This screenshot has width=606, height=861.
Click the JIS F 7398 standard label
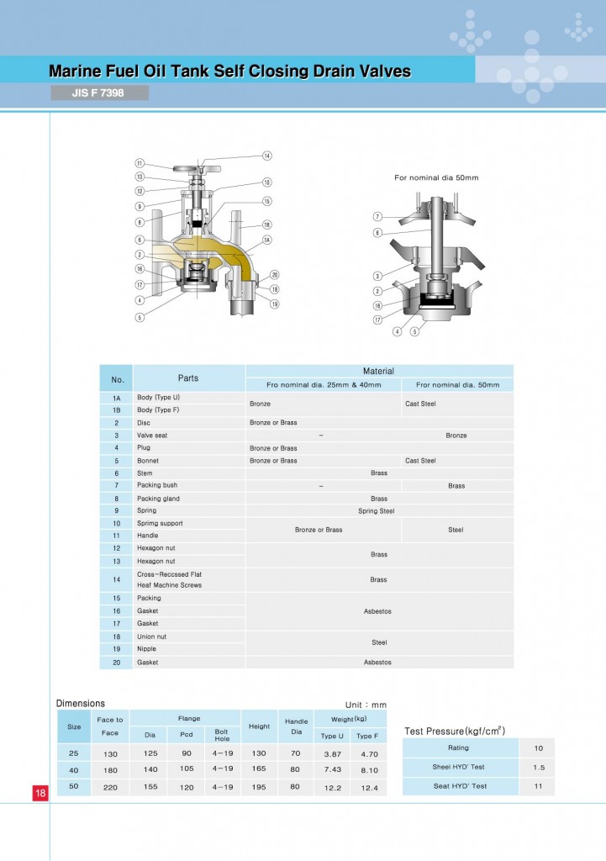pos(99,92)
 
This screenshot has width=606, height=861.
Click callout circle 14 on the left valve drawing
pos(267,156)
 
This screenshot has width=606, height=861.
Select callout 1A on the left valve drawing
pos(267,240)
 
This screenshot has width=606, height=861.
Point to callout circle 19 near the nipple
pos(275,304)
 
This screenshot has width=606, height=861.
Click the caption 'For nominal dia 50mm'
pos(436,177)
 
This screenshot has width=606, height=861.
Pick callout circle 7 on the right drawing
pos(378,217)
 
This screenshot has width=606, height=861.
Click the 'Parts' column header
pos(188,378)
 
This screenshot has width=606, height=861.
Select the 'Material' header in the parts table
pos(378,371)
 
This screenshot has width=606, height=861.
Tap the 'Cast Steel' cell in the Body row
pos(420,404)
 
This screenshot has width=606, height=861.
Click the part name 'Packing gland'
pos(158,499)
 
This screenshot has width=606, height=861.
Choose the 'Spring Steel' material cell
pos(376,511)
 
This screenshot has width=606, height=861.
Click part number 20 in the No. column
pos(117,663)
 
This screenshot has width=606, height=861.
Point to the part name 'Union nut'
pos(151,637)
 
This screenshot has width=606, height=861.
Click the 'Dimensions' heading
pos(81,703)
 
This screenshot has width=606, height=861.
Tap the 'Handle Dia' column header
pos(296,726)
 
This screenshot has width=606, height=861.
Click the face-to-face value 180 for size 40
pos(110,769)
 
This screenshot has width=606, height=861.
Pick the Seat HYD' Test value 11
pos(538,786)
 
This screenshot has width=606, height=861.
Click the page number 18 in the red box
pos(40,793)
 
